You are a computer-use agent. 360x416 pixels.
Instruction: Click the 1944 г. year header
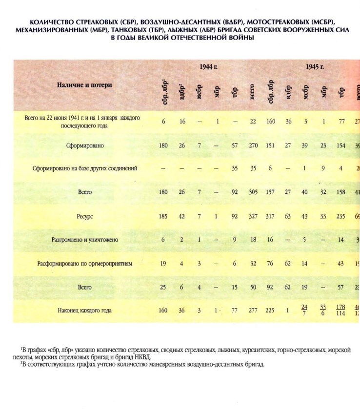coord(208,67)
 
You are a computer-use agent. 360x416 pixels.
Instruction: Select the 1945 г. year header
coord(315,67)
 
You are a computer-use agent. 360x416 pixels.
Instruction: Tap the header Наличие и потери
coord(83,84)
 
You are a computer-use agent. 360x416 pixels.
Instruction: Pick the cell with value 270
coord(253,146)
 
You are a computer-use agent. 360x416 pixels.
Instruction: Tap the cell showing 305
coord(253,192)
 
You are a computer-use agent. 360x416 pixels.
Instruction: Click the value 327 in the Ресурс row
coord(253,216)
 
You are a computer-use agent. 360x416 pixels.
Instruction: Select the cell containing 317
coord(271,216)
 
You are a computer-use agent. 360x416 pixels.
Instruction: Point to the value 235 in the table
coord(340,216)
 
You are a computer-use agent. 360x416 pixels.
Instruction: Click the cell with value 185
coord(163,216)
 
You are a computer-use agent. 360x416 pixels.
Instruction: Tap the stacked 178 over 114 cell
coord(340,310)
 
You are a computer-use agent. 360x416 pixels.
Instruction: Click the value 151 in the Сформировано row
coord(271,146)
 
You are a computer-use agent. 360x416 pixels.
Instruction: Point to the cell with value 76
coord(271,264)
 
